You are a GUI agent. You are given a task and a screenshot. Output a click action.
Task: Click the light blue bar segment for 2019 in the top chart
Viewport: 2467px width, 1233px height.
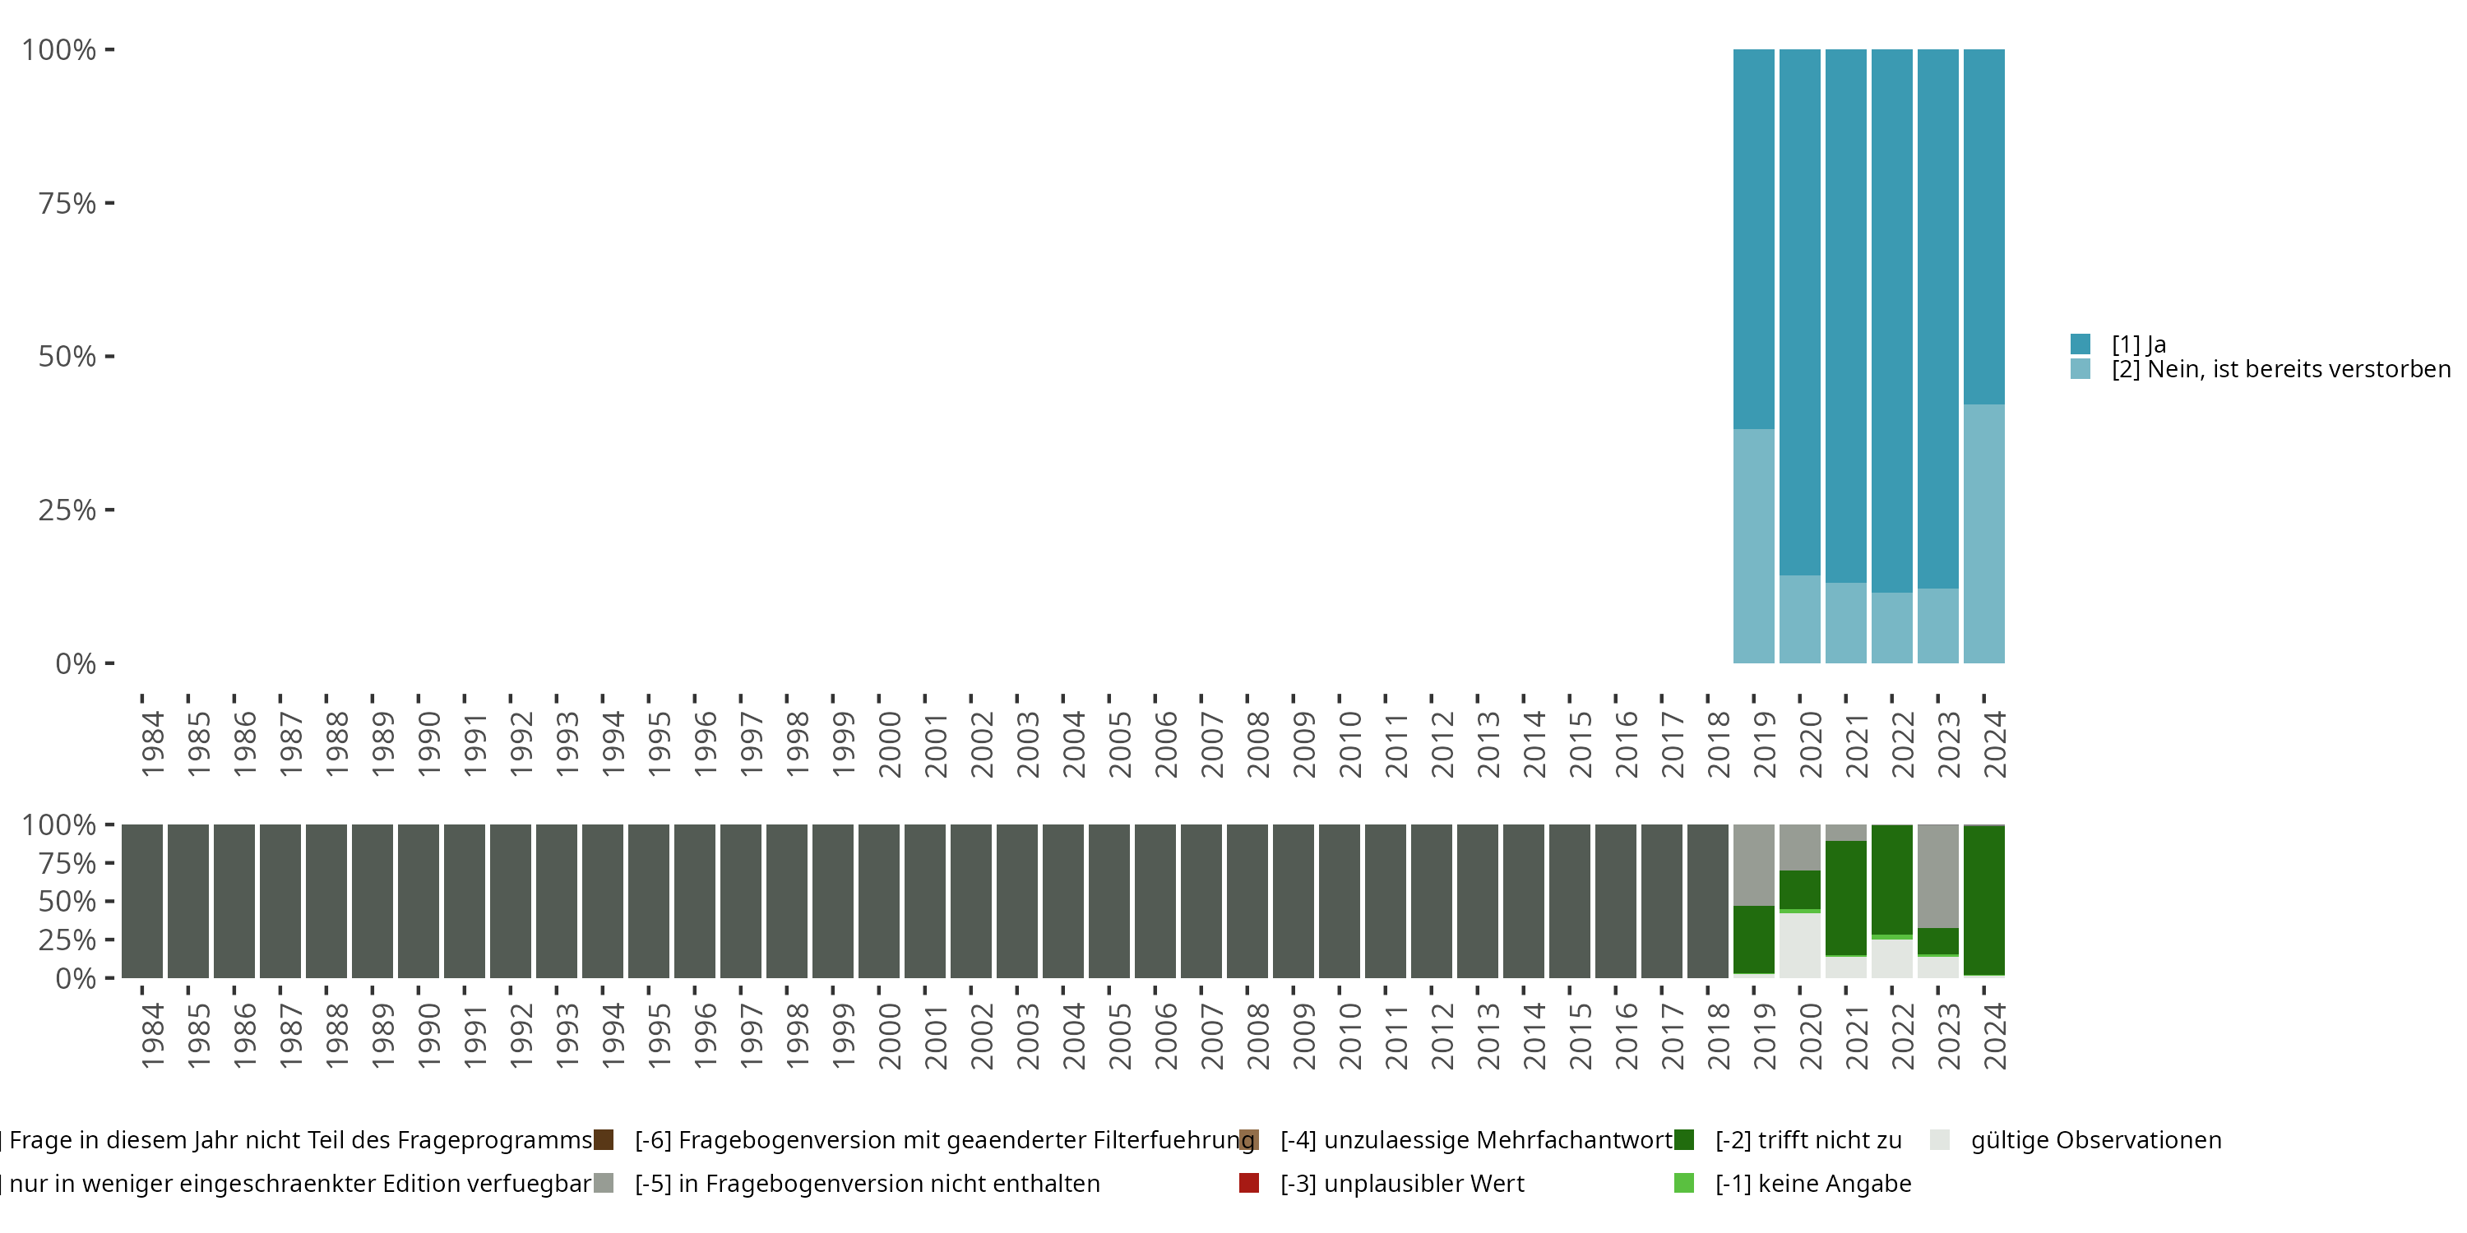[x=1753, y=546]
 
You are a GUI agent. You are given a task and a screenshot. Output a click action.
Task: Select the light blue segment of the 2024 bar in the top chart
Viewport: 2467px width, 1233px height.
[x=1983, y=533]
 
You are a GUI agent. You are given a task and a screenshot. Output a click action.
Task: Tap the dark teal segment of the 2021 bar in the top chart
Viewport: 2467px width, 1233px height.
[x=1845, y=316]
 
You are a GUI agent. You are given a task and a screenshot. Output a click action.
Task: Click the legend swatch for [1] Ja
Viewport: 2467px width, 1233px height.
[x=2081, y=344]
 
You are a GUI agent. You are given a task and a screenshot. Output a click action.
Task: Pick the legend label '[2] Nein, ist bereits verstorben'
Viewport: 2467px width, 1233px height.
[x=2280, y=370]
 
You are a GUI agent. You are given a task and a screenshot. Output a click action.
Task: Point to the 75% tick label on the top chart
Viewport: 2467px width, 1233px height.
[x=67, y=203]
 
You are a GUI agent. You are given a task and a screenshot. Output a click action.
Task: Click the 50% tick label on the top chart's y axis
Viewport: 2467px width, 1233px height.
[x=67, y=356]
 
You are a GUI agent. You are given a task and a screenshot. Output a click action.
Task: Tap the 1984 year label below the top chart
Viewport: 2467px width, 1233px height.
[x=152, y=744]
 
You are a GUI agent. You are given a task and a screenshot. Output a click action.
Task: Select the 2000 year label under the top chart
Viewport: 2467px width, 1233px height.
[x=890, y=744]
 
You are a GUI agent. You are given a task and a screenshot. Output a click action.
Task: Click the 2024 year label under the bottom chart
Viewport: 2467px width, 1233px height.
[x=1995, y=1037]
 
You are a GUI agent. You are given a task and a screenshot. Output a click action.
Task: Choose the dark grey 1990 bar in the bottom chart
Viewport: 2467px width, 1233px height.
[x=419, y=901]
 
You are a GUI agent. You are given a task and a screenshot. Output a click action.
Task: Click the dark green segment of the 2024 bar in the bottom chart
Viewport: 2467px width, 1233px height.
[x=1983, y=900]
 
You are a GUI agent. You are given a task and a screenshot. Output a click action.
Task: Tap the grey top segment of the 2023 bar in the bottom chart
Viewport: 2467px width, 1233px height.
[x=1937, y=875]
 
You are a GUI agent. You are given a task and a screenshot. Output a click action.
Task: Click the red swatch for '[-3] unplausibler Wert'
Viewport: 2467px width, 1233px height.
[x=1249, y=1183]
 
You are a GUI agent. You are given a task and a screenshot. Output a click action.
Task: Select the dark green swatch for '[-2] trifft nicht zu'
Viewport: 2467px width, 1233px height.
[x=1683, y=1140]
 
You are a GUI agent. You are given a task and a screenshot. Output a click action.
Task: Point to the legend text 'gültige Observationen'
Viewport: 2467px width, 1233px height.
[x=2095, y=1140]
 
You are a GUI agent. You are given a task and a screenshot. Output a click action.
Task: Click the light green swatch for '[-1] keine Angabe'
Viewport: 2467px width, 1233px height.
[x=1683, y=1183]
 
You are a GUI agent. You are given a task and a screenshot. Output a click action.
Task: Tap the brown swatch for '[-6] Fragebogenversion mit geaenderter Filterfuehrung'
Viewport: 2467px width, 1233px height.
[x=604, y=1140]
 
